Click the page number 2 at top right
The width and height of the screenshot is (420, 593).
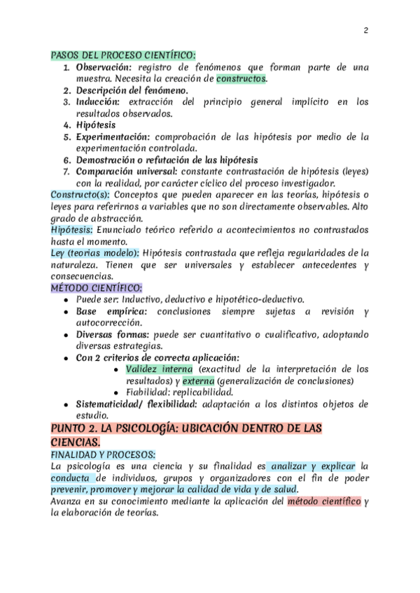pyautogui.click(x=365, y=30)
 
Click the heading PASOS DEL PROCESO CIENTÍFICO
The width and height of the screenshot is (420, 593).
pyautogui.click(x=123, y=55)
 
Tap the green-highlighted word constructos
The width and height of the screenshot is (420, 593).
pyautogui.click(x=241, y=78)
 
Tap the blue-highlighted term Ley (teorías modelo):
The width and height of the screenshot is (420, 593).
pyautogui.click(x=95, y=252)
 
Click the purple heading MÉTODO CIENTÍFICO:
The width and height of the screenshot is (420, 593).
pyautogui.click(x=96, y=287)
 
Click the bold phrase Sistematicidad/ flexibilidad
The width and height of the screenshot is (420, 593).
pyautogui.click(x=139, y=404)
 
